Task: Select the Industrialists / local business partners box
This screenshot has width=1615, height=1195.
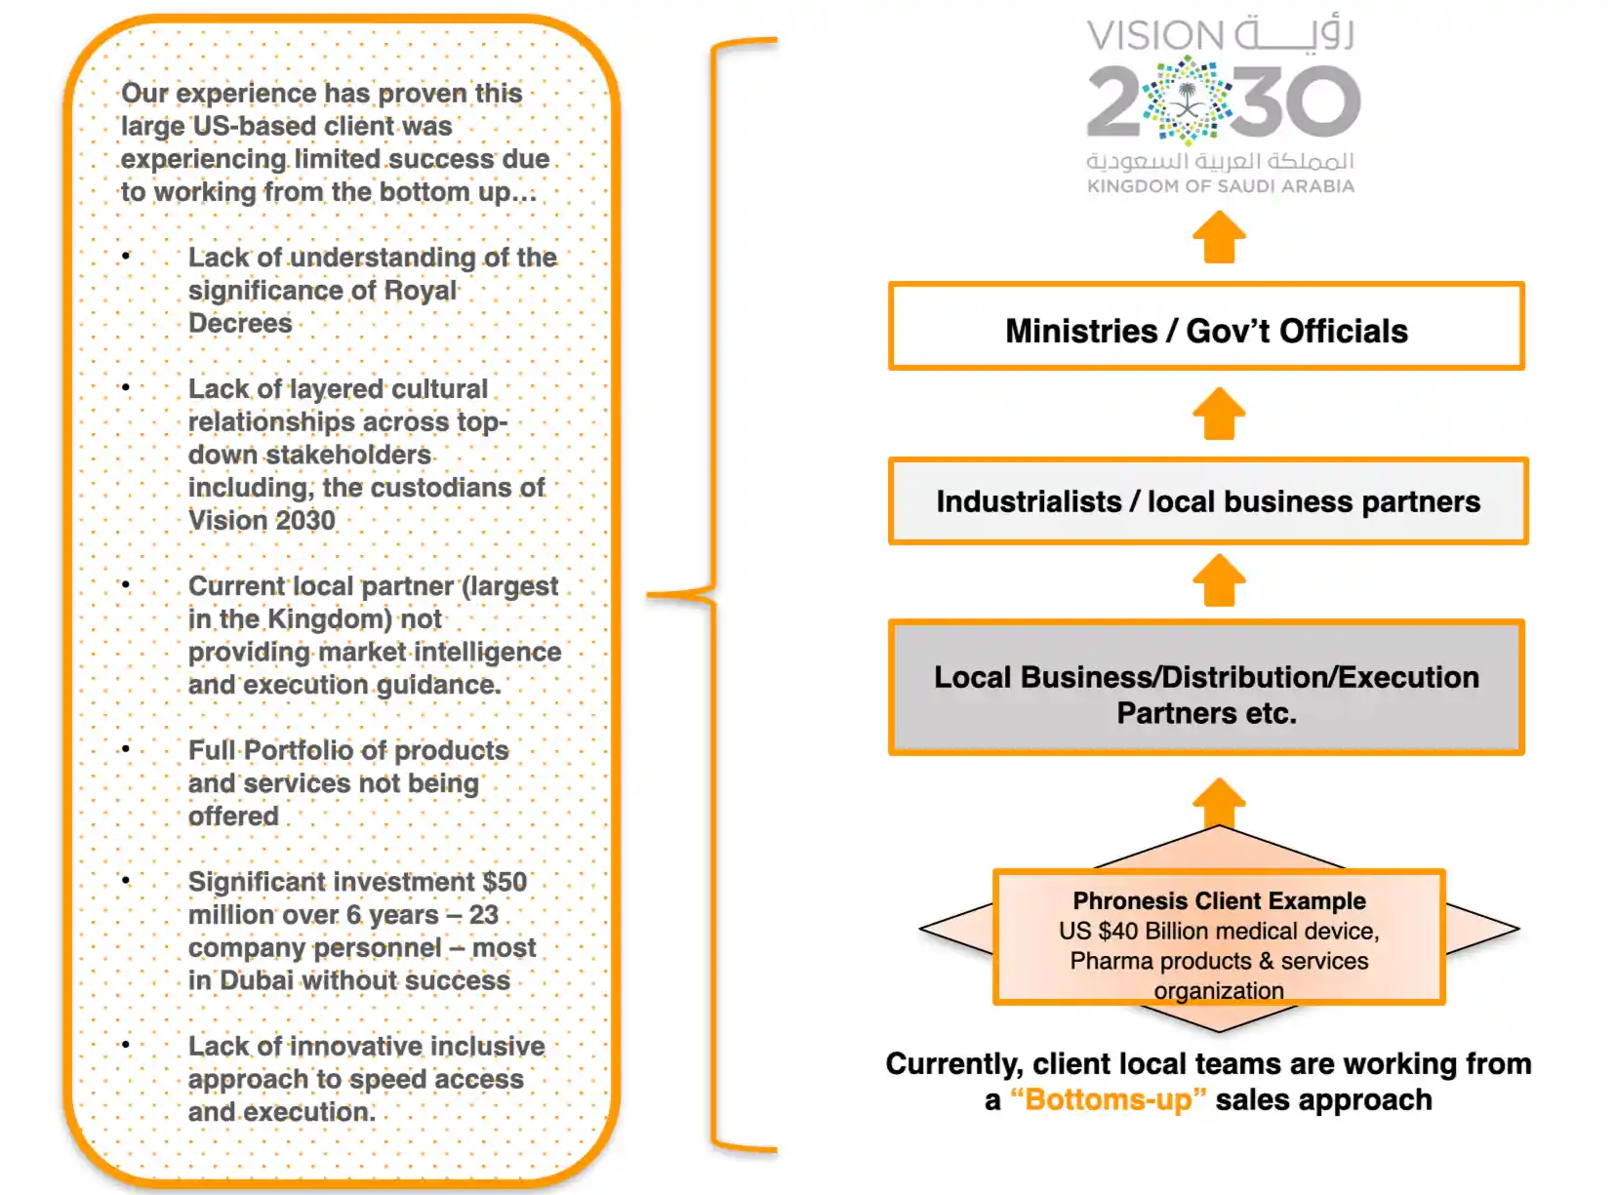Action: pyautogui.click(x=1208, y=501)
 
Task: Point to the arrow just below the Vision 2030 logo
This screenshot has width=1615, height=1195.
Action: pyautogui.click(x=1219, y=238)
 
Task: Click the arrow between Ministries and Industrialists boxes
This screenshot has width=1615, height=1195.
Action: pyautogui.click(x=1219, y=414)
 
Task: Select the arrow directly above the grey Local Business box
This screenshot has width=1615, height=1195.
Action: pyautogui.click(x=1219, y=580)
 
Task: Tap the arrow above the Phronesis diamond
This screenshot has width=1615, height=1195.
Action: pyautogui.click(x=1219, y=802)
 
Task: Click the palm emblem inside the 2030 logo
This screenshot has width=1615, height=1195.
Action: pyautogui.click(x=1187, y=100)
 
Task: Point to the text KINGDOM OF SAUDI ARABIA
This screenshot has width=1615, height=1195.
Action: pyautogui.click(x=1221, y=186)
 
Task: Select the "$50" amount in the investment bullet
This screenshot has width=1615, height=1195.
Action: pyautogui.click(x=505, y=882)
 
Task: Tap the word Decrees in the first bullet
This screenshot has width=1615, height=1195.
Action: pyautogui.click(x=240, y=323)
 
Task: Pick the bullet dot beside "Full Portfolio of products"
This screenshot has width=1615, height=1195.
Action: pyautogui.click(x=126, y=749)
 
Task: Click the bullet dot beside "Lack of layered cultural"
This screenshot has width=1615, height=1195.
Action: pyautogui.click(x=126, y=387)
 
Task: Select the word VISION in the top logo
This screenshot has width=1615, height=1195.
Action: pyautogui.click(x=1154, y=36)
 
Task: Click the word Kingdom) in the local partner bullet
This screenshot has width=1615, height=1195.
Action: pyautogui.click(x=330, y=619)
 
